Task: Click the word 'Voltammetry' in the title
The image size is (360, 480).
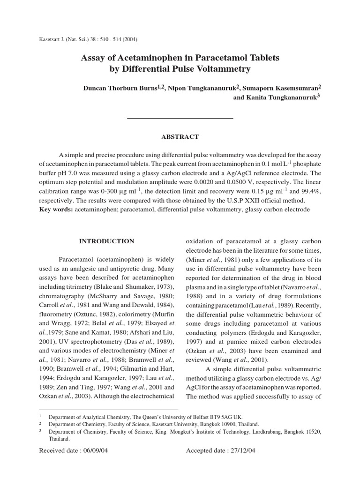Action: [222, 69]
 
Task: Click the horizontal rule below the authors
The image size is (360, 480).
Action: [180, 118]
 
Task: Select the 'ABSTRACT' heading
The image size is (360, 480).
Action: [180, 137]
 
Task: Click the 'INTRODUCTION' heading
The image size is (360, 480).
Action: [106, 241]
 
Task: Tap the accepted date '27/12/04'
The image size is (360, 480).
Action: [239, 451]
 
